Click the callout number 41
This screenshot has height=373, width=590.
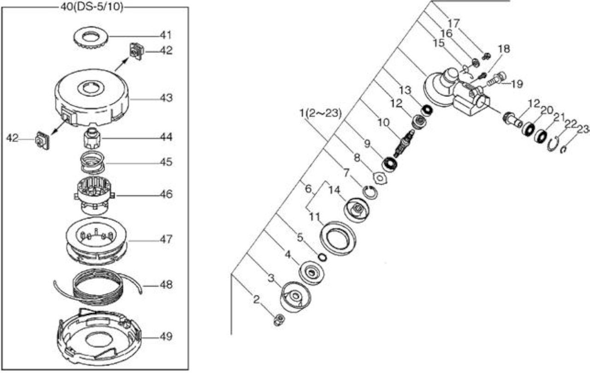(166, 35)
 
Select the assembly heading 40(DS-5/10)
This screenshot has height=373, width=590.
(92, 7)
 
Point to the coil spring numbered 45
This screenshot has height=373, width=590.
(92, 162)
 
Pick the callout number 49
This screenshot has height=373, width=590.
(166, 336)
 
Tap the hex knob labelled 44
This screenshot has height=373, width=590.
(92, 137)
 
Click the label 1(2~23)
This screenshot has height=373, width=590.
(320, 113)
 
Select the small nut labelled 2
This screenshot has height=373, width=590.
(279, 320)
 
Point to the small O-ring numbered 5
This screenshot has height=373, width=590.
(322, 257)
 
